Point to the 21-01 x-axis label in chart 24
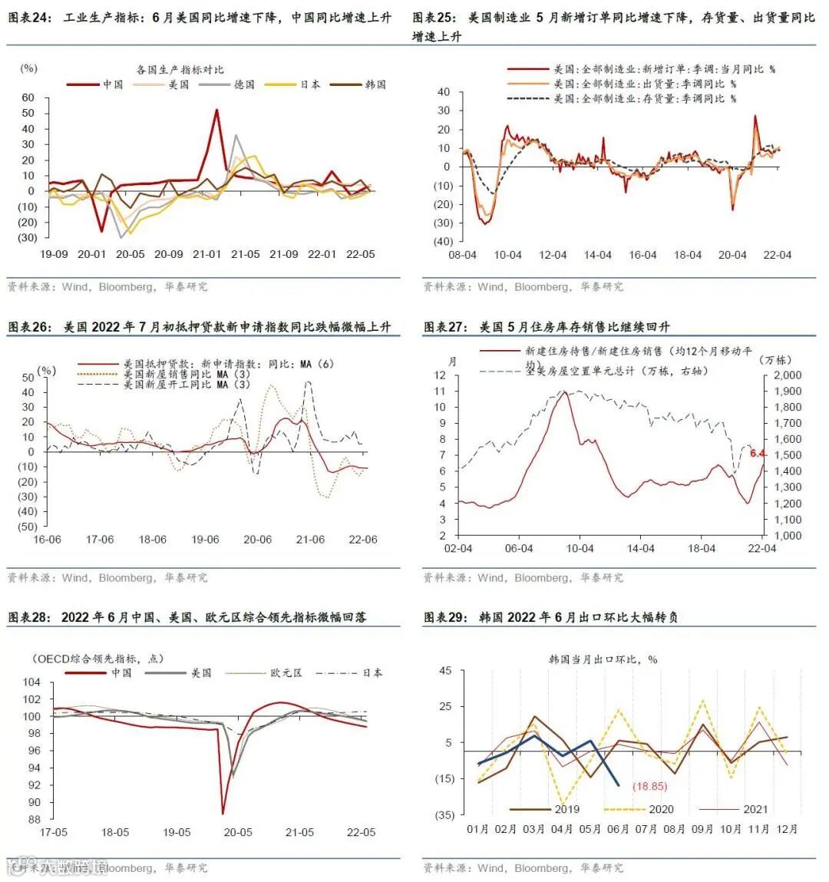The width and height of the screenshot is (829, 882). [x=206, y=254]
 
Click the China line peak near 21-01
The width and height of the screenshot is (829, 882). [x=216, y=110]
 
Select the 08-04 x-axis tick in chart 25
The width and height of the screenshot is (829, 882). [x=463, y=255]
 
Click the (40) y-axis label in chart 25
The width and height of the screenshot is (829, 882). [x=444, y=241]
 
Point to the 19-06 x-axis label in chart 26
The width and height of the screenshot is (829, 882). [x=205, y=540]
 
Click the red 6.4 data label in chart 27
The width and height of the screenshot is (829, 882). [x=758, y=454]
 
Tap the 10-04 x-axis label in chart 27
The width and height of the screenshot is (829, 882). [x=580, y=548]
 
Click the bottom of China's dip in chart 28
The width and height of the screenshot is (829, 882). [x=223, y=813]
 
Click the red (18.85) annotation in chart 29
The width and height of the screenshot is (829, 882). [x=649, y=786]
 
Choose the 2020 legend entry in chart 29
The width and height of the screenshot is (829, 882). [x=661, y=809]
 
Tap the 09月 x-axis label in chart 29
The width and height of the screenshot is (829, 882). [x=702, y=829]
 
